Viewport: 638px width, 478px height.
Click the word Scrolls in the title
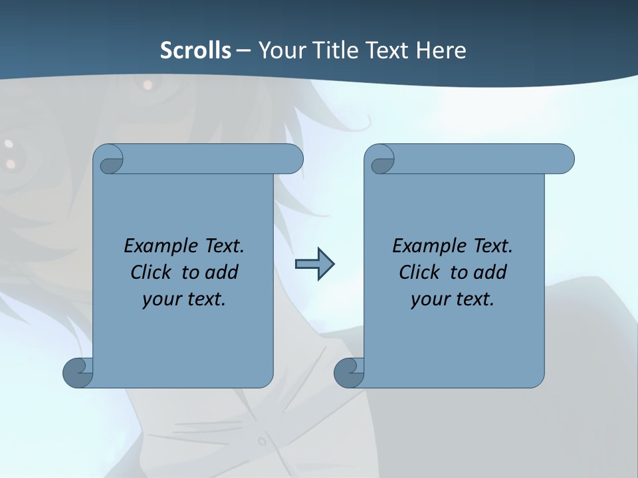coord(195,50)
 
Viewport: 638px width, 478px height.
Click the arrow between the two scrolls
coord(314,264)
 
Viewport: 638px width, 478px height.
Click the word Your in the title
coord(279,50)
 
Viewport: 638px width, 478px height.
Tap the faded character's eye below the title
coord(148,85)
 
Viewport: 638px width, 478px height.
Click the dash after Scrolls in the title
coord(243,50)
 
